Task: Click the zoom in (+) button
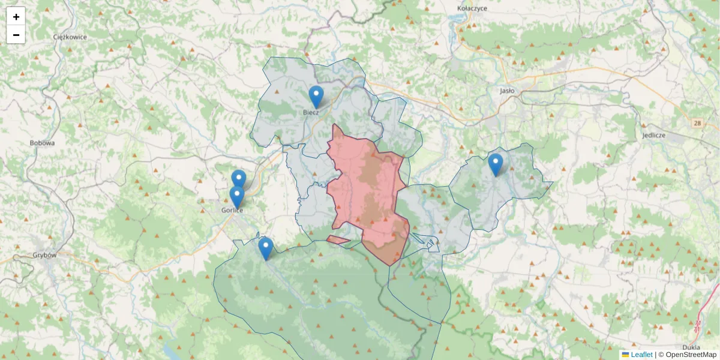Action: coord(16,17)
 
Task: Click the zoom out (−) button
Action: coord(16,35)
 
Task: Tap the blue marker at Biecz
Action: coord(316,97)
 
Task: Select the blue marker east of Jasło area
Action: coord(495,164)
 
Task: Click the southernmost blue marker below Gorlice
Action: coord(265,248)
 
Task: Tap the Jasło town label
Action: coord(507,91)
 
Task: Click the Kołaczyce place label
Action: coord(472,8)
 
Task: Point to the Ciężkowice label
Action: coord(70,37)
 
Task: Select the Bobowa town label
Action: coord(42,143)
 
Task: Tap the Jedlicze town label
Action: coord(653,135)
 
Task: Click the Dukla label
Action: coord(692,347)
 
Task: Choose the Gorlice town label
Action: coord(232,211)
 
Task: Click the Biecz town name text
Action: coord(311,112)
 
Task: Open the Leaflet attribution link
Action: coord(641,355)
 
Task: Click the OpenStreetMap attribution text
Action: coord(691,355)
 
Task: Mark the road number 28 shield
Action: coord(697,123)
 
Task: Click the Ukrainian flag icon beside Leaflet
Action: coord(626,355)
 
